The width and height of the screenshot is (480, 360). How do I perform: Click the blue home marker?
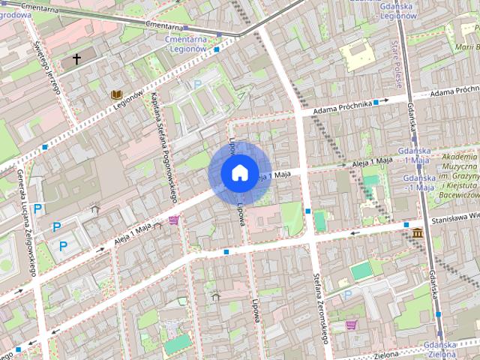tap(238, 172)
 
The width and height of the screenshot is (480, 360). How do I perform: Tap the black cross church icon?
tap(76, 58)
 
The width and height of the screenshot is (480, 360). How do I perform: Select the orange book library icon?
tap(115, 94)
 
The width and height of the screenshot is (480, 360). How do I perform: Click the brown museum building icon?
tap(416, 235)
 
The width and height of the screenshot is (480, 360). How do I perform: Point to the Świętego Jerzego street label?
tap(52, 70)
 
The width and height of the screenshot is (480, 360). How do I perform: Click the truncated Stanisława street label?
tap(455, 221)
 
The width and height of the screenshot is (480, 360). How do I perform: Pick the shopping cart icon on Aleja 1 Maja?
tap(174, 220)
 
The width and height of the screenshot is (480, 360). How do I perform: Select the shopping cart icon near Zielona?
tap(351, 325)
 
